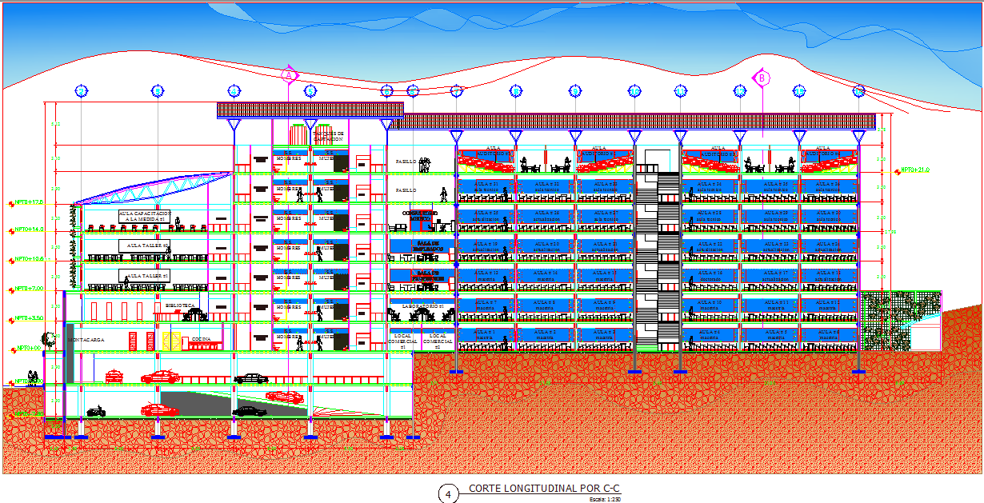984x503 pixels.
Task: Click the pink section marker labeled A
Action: [x=289, y=75]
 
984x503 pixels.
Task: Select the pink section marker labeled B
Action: [x=762, y=78]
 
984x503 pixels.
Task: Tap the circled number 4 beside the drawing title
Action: [x=448, y=494]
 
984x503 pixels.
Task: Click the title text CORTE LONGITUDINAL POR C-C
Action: [x=544, y=488]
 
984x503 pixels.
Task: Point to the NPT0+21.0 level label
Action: [x=915, y=170]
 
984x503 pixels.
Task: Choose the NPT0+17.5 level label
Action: [x=26, y=202]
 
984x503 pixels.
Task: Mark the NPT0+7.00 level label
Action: [x=26, y=289]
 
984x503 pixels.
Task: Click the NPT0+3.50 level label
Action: [x=26, y=318]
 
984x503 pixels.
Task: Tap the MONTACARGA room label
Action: [x=86, y=340]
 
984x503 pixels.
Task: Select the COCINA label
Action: [x=201, y=340]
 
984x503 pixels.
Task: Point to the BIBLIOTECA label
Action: [x=179, y=305]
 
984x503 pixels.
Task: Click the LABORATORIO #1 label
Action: [x=421, y=305]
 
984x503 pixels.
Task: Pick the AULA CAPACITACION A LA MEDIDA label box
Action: [x=144, y=217]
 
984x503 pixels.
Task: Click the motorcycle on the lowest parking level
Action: [x=96, y=411]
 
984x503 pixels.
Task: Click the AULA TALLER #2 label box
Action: [x=145, y=246]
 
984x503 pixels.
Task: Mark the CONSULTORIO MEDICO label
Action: [x=421, y=215]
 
